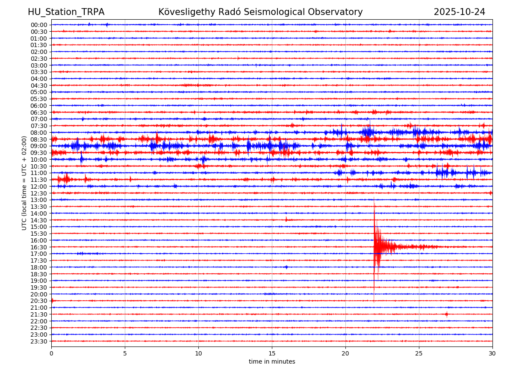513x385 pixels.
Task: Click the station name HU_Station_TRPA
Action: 66,12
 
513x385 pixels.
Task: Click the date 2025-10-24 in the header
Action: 459,12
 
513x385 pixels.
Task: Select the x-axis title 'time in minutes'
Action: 272,361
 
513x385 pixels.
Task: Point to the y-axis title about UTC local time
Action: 24,183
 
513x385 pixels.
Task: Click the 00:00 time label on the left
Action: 39,25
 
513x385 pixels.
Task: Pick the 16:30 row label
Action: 39,247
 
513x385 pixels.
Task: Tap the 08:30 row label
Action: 39,139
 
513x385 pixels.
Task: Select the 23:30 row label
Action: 39,341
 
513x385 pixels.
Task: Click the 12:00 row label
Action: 39,187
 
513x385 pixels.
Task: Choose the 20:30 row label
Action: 39,301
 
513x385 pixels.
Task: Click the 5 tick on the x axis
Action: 125,353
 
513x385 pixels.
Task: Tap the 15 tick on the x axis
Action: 272,353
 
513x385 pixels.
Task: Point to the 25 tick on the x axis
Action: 419,353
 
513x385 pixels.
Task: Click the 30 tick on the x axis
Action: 492,353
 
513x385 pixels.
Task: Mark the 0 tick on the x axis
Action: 51,353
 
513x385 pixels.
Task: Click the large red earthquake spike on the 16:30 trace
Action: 375,246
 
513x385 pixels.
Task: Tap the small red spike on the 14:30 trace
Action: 286,219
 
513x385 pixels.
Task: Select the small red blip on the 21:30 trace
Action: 446,314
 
